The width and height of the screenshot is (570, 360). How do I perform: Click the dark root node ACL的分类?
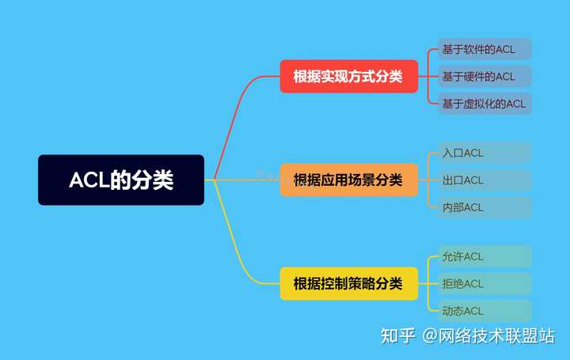121,180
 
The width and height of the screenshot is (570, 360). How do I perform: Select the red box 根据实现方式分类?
348,77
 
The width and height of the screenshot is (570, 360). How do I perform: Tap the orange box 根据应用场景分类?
348,180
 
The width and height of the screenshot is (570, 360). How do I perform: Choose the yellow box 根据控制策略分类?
348,283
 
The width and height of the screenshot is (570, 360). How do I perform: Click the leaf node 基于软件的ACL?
484,49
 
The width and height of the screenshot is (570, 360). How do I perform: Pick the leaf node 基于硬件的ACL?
484,76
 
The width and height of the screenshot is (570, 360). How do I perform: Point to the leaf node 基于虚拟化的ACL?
484,103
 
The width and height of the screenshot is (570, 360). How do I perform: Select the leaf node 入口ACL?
484,153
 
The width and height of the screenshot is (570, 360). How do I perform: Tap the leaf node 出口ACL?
484,180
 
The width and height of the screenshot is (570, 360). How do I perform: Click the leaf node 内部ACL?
484,207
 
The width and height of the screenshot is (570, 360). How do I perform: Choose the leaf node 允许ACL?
484,256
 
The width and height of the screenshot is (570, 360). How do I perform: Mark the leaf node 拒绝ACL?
484,283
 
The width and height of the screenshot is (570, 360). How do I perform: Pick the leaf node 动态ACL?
484,311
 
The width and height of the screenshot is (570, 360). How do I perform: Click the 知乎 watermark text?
397,335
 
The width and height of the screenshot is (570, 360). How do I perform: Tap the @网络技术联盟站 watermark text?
488,335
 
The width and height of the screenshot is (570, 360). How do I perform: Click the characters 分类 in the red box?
389,77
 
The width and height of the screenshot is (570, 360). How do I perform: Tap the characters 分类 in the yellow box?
389,283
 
